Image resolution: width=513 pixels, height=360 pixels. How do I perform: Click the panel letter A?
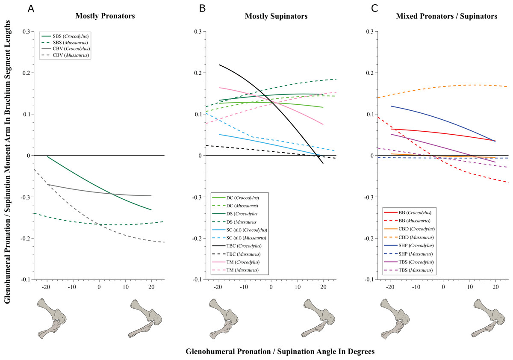click(31, 9)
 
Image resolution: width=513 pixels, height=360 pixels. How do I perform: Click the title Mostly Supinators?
click(276, 17)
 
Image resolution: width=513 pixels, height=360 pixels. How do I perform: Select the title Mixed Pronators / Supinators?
click(446, 17)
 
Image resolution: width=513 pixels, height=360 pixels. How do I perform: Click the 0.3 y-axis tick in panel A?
click(27, 32)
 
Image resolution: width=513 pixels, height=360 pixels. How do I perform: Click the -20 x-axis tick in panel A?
click(46, 288)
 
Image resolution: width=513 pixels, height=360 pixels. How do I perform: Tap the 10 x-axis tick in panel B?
click(297, 288)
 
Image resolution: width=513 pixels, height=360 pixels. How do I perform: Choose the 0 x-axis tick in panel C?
click(443, 288)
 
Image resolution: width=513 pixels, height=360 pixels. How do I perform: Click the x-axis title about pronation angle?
click(280, 351)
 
